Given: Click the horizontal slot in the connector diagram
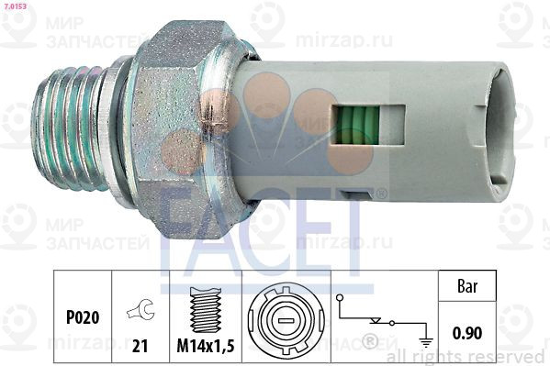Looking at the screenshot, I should [x=283, y=321].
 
